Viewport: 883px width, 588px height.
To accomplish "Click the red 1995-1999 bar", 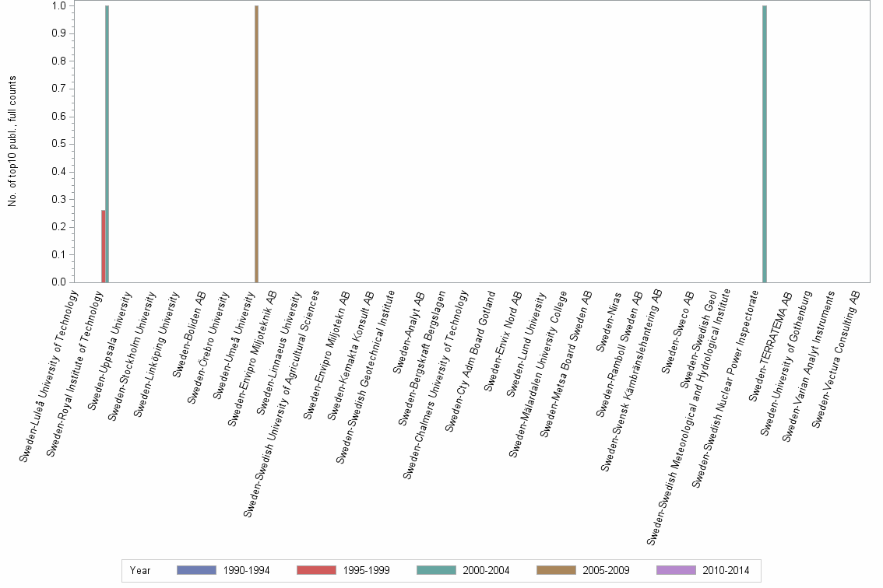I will pos(103,246).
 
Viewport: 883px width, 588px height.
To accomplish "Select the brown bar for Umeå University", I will pos(256,144).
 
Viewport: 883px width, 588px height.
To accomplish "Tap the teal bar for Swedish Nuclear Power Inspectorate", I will pos(765,144).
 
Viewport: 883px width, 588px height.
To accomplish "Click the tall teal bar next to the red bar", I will pos(107,144).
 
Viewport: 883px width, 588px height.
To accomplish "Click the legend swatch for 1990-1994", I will pos(196,570).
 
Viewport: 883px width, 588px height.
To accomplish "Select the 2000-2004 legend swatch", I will pos(436,570).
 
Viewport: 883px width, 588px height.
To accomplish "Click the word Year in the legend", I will pos(140,570).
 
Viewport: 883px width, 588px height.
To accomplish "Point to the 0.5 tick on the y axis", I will pos(59,144).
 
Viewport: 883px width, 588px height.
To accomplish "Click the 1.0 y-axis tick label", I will pos(59,6).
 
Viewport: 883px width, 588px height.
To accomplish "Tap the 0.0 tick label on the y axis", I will pos(59,282).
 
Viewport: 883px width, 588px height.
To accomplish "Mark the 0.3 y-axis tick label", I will pos(59,199).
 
